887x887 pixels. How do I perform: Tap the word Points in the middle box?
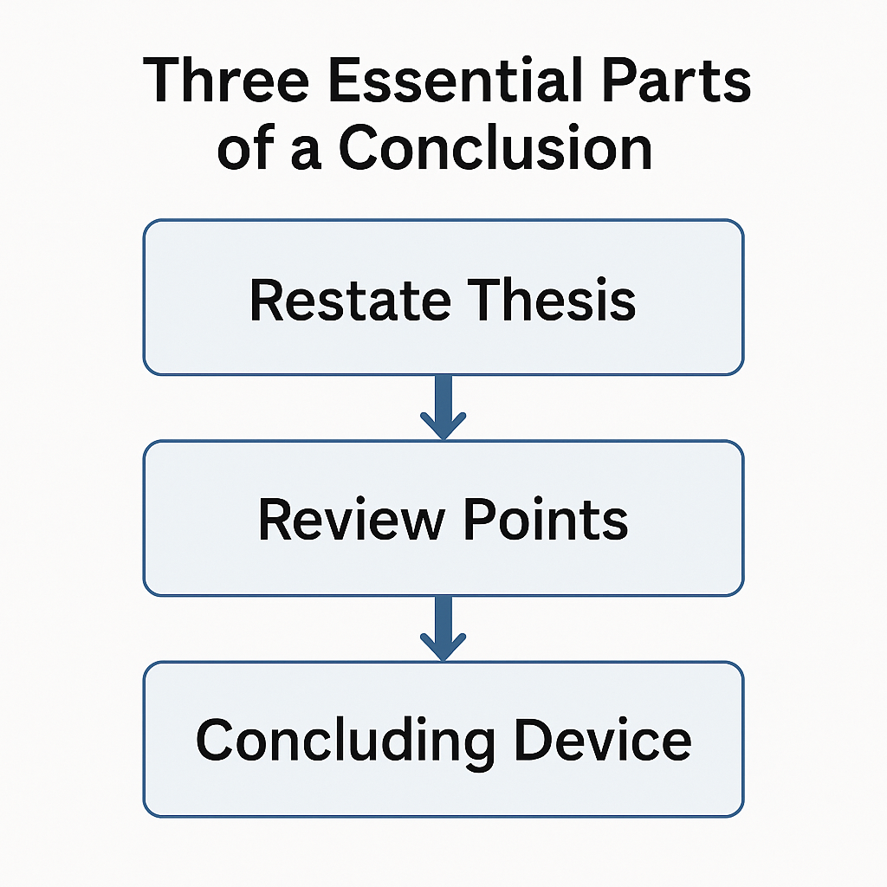point(545,520)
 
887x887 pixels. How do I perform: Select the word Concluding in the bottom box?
point(346,741)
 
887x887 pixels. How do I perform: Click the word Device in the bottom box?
point(605,741)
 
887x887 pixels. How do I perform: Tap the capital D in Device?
point(536,741)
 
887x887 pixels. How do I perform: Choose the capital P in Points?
point(477,520)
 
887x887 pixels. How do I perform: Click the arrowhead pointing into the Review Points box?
point(443,426)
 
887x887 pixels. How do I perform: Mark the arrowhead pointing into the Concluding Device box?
point(443,647)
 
